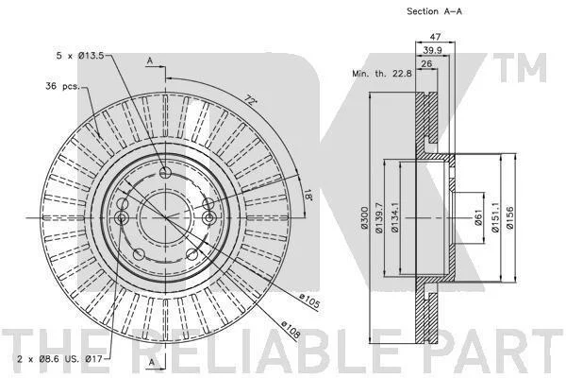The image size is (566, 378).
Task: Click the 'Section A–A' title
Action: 434,11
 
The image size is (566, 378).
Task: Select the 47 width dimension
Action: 435,37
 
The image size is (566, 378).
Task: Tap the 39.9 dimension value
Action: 432,50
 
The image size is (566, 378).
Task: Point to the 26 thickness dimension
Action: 426,63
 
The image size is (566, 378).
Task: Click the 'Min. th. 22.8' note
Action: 382,74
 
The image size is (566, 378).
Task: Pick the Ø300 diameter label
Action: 364,217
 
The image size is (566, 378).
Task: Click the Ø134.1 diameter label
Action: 395,217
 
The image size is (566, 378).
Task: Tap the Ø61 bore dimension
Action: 478,217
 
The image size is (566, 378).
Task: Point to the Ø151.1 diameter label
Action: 495,217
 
